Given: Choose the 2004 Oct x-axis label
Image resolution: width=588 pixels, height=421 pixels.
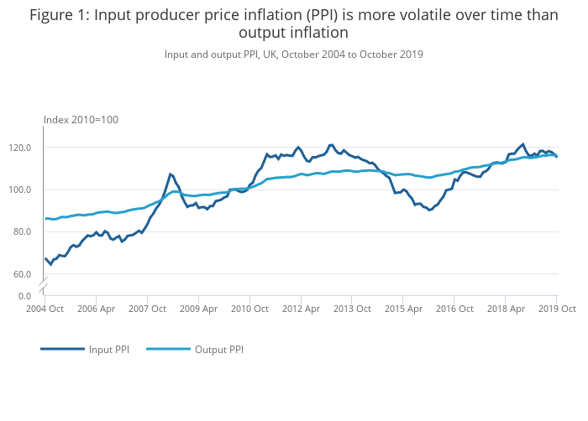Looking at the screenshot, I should pos(45,309).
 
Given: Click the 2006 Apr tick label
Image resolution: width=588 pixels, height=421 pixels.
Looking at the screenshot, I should pos(96,309).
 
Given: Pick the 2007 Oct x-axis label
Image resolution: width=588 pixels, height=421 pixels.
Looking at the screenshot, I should pos(147,309).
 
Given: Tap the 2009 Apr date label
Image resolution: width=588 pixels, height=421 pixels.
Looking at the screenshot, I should pos(198,309).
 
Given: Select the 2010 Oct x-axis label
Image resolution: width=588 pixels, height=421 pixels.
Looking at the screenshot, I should pos(249,309).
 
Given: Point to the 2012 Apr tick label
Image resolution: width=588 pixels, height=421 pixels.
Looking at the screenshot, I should pos(301,309).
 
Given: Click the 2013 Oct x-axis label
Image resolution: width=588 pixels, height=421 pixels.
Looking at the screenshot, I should pos(352,309).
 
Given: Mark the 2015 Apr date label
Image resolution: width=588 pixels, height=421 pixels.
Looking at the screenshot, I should pos(403,309).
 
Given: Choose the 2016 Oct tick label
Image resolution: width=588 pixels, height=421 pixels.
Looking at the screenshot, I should pos(454,309).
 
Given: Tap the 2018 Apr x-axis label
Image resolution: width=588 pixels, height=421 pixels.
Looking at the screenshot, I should pos(505,309).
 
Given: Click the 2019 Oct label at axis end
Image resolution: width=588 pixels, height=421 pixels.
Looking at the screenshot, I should pos(556,309).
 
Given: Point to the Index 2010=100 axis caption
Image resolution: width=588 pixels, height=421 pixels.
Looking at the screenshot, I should pos(81,120).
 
